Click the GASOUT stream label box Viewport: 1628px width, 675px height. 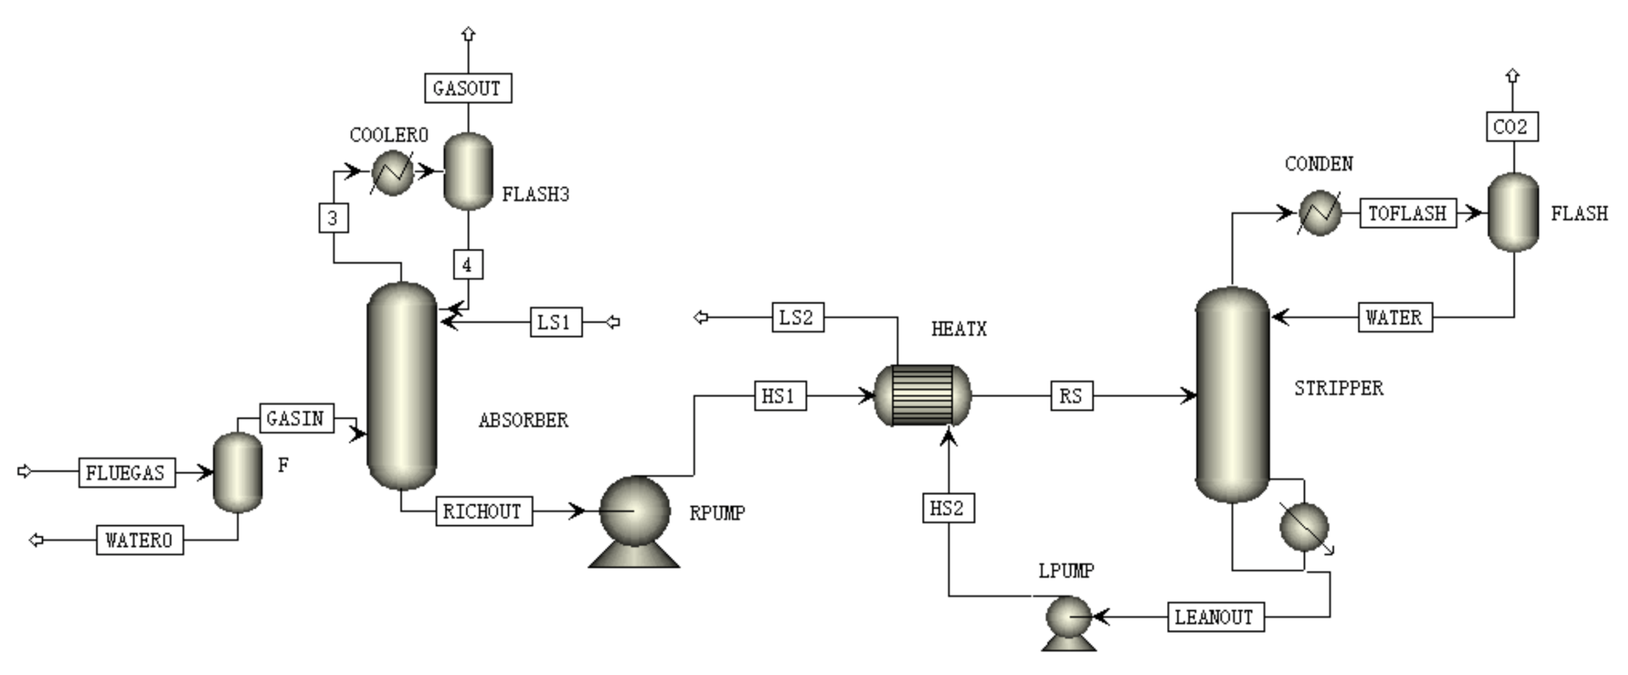point(468,89)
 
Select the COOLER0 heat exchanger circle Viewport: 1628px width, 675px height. point(392,172)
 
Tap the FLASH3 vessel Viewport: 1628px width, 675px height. point(469,172)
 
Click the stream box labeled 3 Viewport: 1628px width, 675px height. point(333,218)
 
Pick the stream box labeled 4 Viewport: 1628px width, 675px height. point(468,265)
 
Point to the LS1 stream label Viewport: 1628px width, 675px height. point(556,322)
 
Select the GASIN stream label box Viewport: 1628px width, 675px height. point(297,418)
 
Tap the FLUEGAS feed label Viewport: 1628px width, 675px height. point(126,472)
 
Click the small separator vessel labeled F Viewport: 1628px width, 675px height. point(237,472)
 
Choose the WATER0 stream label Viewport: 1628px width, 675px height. point(140,540)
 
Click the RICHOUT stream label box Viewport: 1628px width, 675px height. point(483,511)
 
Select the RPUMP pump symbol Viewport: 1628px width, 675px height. point(634,517)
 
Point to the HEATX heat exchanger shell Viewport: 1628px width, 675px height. point(923,395)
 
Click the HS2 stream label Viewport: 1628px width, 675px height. point(948,508)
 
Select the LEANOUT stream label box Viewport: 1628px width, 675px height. point(1216,617)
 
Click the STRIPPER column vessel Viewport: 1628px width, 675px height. point(1232,394)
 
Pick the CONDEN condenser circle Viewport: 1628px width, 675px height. point(1320,212)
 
